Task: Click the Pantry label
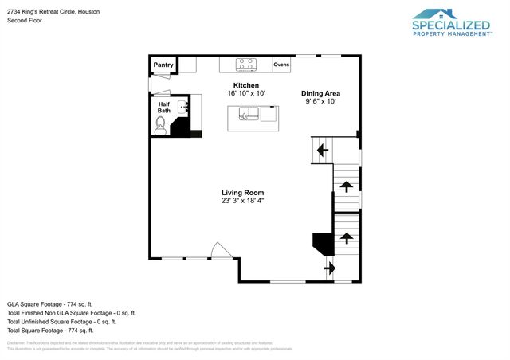pyautogui.click(x=163, y=65)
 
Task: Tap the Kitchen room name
pyautogui.click(x=245, y=85)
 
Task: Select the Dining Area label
pyautogui.click(x=320, y=93)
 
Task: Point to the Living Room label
pyautogui.click(x=242, y=193)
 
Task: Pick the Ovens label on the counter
pyautogui.click(x=281, y=64)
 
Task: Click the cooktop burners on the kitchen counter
pyautogui.click(x=247, y=65)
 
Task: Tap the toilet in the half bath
pyautogui.click(x=159, y=125)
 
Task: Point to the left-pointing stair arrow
pyautogui.click(x=323, y=149)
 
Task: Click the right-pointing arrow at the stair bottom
pyautogui.click(x=329, y=268)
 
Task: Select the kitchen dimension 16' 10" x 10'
pyautogui.click(x=245, y=93)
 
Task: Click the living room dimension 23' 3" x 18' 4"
pyautogui.click(x=242, y=201)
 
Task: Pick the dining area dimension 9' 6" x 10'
pyautogui.click(x=320, y=101)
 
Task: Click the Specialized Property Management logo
pyautogui.click(x=450, y=23)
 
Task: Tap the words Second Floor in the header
pyautogui.click(x=23, y=20)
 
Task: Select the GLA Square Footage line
pyautogui.click(x=50, y=304)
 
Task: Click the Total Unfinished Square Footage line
pyautogui.click(x=61, y=322)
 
